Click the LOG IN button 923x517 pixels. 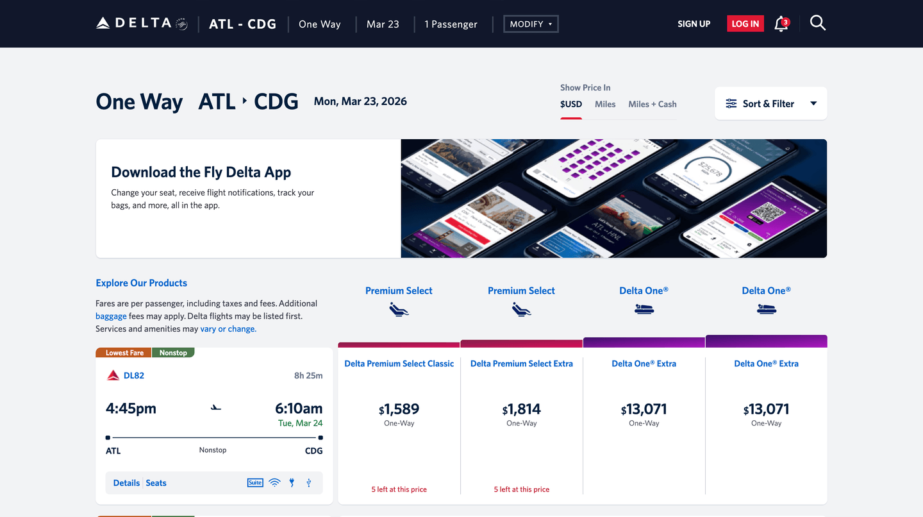(745, 24)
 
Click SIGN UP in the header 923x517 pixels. (694, 24)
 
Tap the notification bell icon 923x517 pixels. (781, 24)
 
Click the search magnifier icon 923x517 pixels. (817, 23)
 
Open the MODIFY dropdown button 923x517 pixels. (531, 24)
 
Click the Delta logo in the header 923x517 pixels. (142, 24)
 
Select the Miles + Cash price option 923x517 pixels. (652, 104)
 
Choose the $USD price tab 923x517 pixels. (570, 104)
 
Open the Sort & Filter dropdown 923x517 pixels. (770, 103)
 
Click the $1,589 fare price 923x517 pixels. (399, 409)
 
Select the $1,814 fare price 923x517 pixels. (521, 409)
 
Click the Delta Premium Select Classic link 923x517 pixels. (399, 364)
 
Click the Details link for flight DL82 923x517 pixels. (126, 483)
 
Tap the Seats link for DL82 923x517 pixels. (156, 483)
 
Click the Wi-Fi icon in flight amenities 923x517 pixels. (274, 483)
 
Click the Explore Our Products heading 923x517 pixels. (141, 283)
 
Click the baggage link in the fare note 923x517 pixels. (111, 316)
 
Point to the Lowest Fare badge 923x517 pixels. (124, 353)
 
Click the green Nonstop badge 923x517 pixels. (173, 353)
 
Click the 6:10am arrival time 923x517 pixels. (298, 409)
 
